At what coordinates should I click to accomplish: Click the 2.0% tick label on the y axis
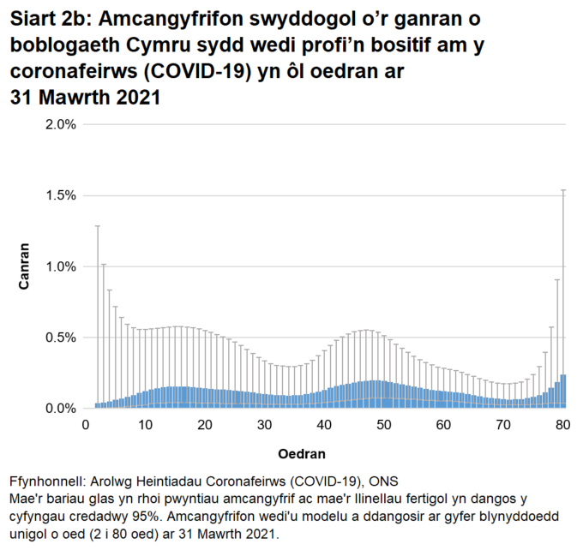60,124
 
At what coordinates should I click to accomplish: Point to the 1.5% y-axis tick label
60,195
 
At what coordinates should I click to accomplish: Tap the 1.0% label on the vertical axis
60,266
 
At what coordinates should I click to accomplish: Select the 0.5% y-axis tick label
60,338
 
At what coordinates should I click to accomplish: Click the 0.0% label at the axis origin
60,409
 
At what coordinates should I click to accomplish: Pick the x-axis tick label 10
145,425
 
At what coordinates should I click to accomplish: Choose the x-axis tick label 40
324,425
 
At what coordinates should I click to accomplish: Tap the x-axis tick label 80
563,425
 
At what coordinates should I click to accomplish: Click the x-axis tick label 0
85,425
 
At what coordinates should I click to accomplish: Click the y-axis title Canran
26,266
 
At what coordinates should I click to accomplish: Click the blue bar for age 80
563,392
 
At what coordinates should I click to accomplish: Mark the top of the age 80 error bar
563,190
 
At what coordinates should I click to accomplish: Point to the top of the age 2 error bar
97,226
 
